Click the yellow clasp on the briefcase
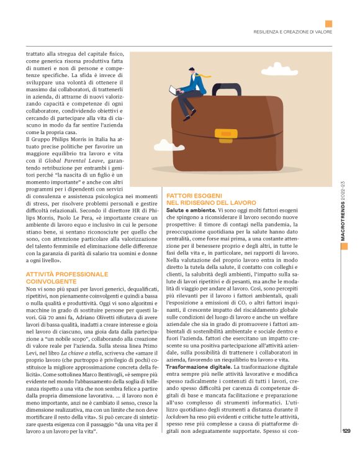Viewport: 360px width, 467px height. pos(223,135)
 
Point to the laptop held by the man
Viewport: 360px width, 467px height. pos(174,91)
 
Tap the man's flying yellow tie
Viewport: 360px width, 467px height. pos(204,77)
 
